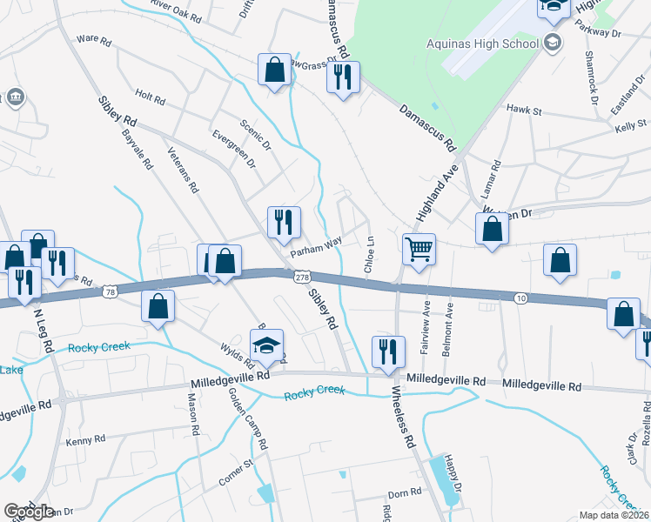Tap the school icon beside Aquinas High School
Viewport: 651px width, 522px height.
[x=552, y=42]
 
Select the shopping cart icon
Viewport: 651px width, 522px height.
[x=419, y=250]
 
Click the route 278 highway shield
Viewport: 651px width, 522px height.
[x=301, y=277]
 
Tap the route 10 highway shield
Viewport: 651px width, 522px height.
[x=519, y=298]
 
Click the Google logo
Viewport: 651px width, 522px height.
[x=29, y=512]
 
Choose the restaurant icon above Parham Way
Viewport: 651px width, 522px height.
[x=283, y=222]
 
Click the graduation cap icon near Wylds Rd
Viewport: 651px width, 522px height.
[x=268, y=346]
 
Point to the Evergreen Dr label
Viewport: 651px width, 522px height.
[x=234, y=149]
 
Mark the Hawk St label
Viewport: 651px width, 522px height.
[x=524, y=111]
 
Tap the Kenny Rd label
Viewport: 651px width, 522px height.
[x=85, y=440]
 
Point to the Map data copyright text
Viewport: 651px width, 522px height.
[x=614, y=515]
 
